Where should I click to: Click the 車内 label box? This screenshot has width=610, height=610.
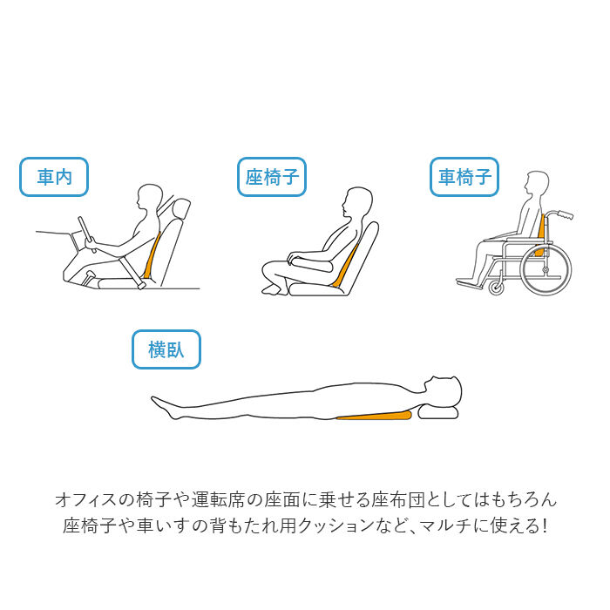(54, 179)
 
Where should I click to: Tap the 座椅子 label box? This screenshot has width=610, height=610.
(272, 179)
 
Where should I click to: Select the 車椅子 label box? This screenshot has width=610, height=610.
(464, 178)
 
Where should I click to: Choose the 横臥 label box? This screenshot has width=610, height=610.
(166, 350)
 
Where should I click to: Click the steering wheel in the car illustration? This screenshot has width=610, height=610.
(86, 234)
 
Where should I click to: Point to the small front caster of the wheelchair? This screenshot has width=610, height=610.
(496, 287)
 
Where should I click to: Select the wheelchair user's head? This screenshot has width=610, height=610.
(534, 185)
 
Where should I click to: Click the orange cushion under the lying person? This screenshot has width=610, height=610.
(375, 416)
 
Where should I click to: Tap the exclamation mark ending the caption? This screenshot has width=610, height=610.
(545, 526)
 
